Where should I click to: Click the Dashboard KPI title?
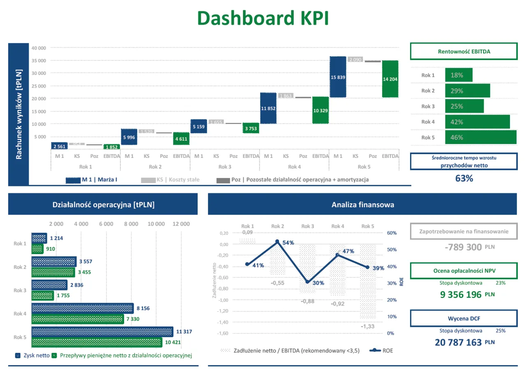[x=263, y=19]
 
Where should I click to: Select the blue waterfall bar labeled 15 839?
[x=338, y=77]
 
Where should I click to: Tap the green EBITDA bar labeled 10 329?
[x=321, y=110]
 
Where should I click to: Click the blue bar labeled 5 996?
[x=129, y=137]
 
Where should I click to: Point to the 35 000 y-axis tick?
[x=39, y=60]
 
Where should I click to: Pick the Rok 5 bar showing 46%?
[x=480, y=137]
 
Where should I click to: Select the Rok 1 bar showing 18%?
[x=459, y=75]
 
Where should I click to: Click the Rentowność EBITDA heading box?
[x=464, y=52]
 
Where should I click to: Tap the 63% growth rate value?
[x=464, y=178]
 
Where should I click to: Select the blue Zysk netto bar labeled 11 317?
[x=102, y=331]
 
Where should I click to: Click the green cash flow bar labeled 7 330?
[x=78, y=319]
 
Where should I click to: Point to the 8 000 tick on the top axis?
[x=131, y=224]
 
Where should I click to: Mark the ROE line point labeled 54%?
[x=277, y=242]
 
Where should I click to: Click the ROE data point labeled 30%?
[x=307, y=282]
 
